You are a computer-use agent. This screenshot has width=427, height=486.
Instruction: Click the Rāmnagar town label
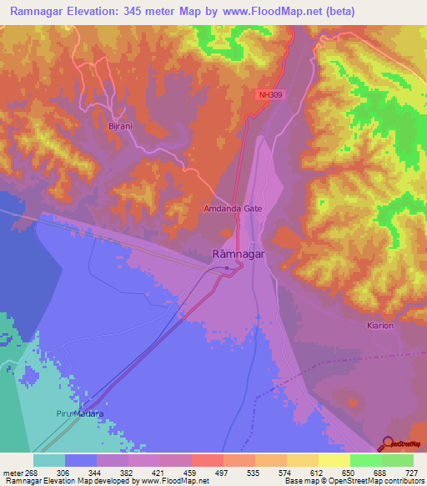(x=239, y=253)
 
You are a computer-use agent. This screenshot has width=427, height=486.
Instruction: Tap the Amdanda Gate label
(x=233, y=209)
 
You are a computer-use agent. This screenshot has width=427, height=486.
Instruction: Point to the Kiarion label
(x=379, y=325)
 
